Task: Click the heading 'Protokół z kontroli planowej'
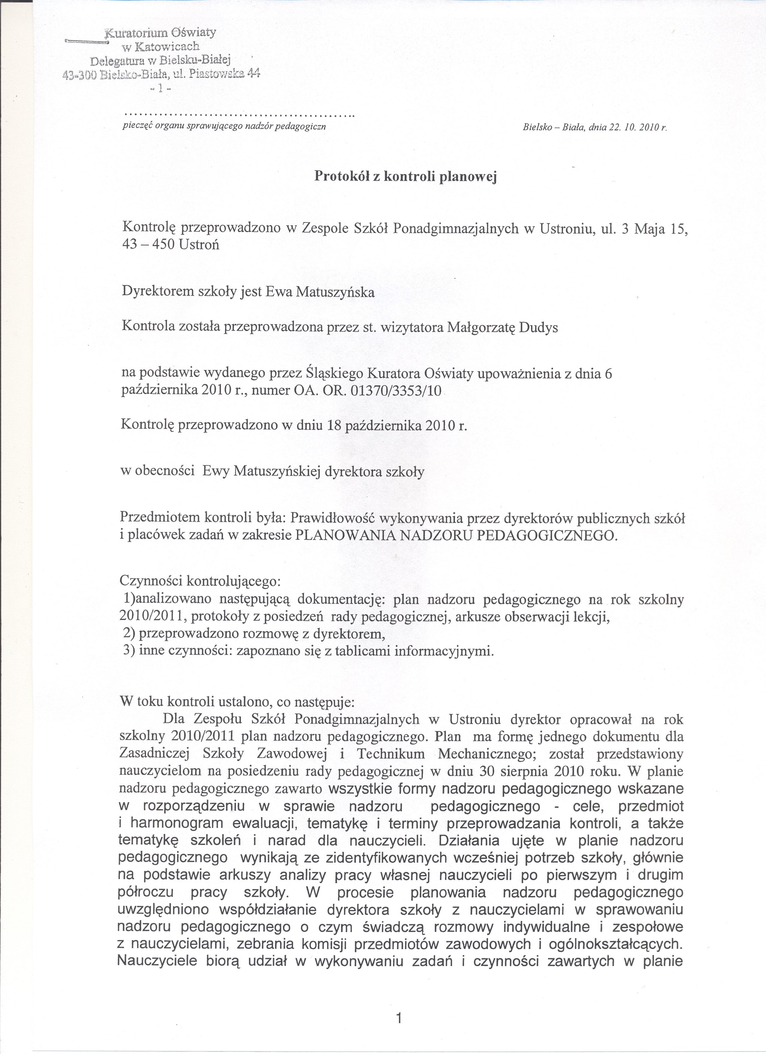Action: coord(406,177)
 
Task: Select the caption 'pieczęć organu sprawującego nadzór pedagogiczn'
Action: coord(223,126)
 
